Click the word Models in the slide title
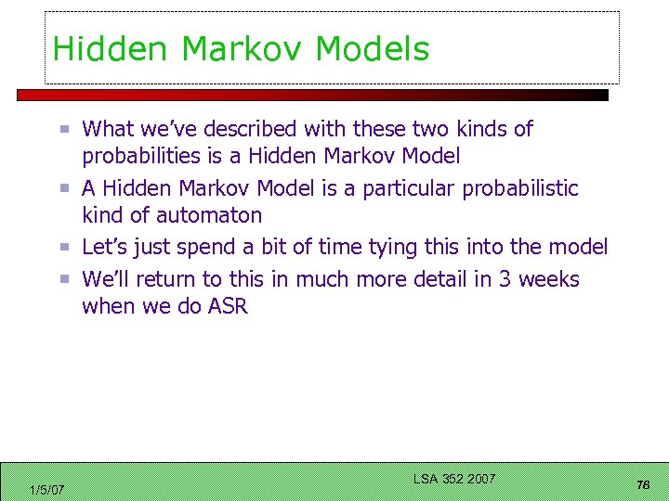coord(372,48)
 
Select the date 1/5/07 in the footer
coord(46,490)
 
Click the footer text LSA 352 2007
coord(454,479)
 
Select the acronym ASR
coord(229,306)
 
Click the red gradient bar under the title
coord(312,95)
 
